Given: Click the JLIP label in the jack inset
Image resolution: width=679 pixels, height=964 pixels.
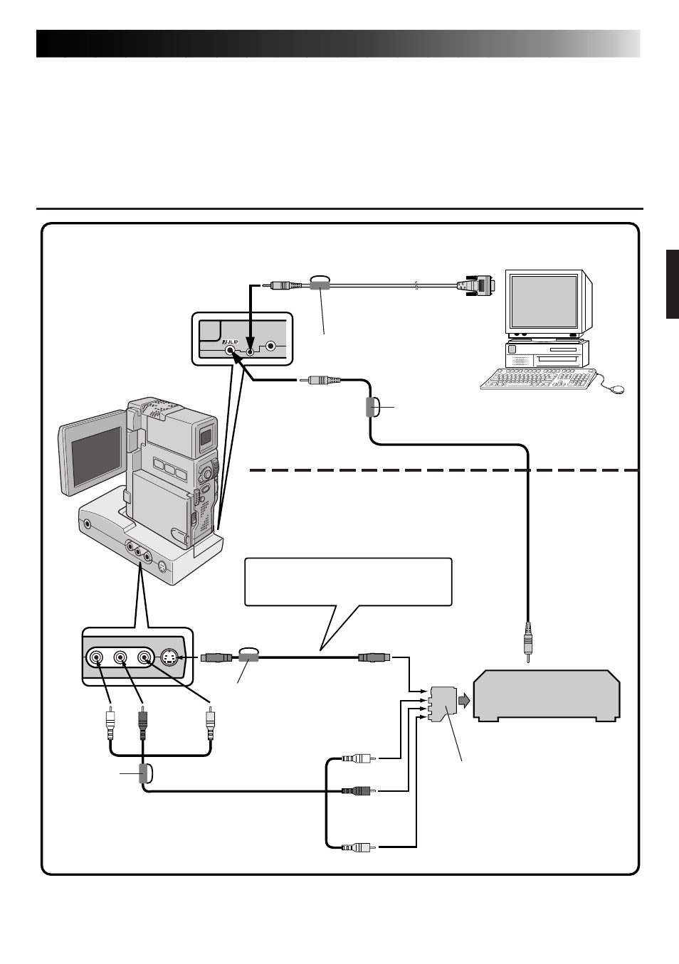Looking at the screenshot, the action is click(230, 341).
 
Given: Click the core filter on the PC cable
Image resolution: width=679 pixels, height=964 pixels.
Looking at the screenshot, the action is click(320, 285).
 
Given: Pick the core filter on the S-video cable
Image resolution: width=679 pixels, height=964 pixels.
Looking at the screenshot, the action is click(248, 657).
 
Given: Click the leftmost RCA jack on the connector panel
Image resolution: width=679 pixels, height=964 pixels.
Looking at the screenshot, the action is click(95, 657).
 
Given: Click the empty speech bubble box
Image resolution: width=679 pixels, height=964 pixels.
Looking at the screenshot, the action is click(348, 581).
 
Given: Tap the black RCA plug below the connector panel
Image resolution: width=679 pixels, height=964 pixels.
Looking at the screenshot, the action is click(142, 724).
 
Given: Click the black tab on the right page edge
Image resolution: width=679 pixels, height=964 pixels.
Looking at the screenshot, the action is click(673, 284).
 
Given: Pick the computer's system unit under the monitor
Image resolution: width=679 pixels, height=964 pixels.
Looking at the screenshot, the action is click(547, 354).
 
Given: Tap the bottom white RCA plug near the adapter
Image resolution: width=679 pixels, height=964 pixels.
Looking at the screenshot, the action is click(358, 847).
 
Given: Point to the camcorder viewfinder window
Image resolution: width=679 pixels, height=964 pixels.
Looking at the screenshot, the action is click(206, 437).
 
